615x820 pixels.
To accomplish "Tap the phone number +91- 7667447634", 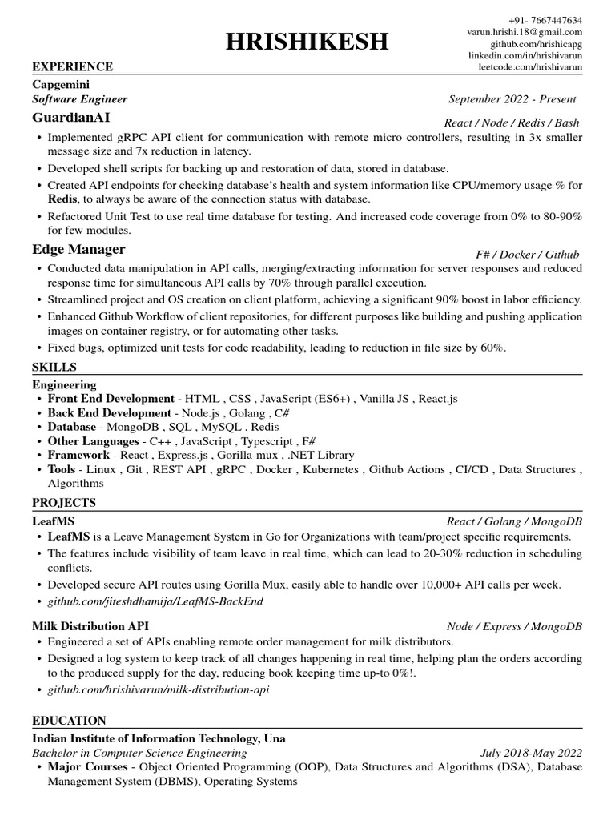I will coord(545,20).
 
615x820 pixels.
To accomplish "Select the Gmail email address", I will coord(525,32).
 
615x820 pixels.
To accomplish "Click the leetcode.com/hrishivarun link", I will coord(530,68).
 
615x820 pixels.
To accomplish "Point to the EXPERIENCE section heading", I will coord(72,66).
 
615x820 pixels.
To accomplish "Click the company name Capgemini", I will coord(61,84).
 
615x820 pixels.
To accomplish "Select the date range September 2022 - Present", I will coord(512,100).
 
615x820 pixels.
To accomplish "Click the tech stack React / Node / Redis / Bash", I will coord(511,123).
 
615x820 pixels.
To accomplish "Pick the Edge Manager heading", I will coord(78,249).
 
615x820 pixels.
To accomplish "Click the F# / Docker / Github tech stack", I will coord(527,255).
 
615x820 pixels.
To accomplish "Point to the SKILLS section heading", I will coord(54,367).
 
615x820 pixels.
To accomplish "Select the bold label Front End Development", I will coord(111,398).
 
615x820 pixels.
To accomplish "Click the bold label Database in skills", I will coord(71,427).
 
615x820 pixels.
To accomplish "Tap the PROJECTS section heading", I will coord(64,503).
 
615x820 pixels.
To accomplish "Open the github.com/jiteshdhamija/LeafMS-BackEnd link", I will coord(155,601).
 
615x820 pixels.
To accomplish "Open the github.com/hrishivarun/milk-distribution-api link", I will coord(159,689).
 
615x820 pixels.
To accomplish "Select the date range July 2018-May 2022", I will coord(531,754).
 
